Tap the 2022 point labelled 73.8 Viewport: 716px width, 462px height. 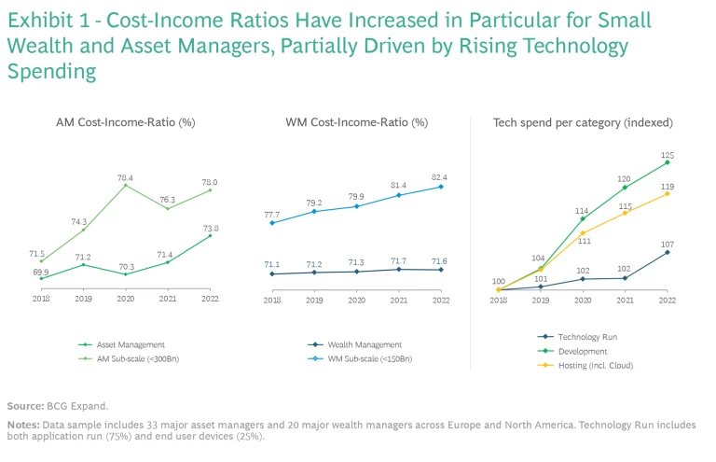pyautogui.click(x=211, y=235)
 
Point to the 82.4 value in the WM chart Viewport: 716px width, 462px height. pyautogui.click(x=440, y=176)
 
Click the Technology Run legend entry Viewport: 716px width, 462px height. pyautogui.click(x=587, y=337)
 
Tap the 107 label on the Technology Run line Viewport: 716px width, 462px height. pyautogui.click(x=668, y=244)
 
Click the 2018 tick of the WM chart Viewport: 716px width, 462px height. pyautogui.click(x=271, y=300)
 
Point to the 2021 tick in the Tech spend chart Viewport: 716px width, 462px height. pyautogui.click(x=625, y=300)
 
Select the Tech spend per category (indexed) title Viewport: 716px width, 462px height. pyautogui.click(x=583, y=122)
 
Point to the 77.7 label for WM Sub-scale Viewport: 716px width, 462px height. pyautogui.click(x=271, y=213)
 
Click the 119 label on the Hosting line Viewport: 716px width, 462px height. pyautogui.click(x=668, y=186)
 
